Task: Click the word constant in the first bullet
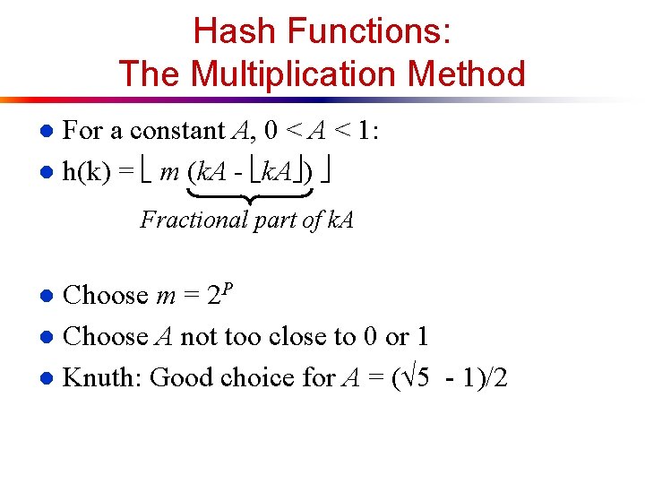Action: pyautogui.click(x=176, y=131)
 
